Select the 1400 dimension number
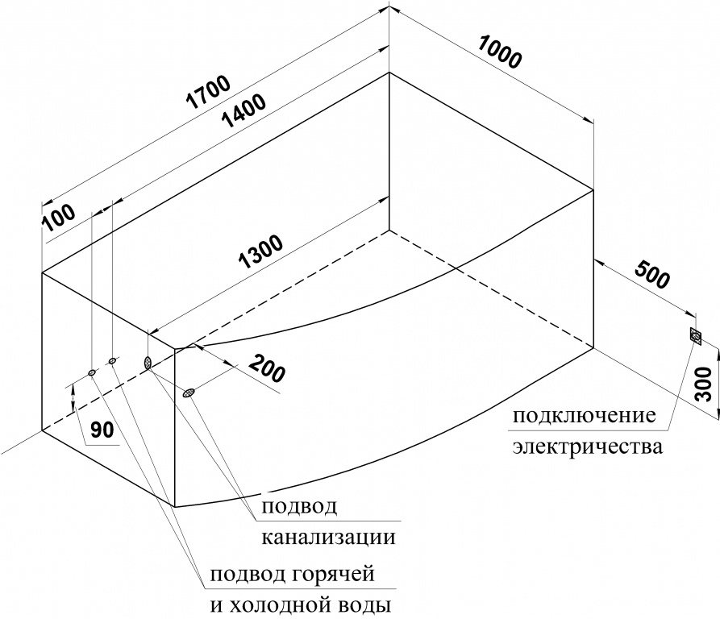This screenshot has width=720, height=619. [x=243, y=111]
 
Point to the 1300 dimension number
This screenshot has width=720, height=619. [x=261, y=252]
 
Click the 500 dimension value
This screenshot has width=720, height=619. [x=652, y=276]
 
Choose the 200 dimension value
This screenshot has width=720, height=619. [x=267, y=368]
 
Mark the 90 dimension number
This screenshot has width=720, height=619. [x=102, y=430]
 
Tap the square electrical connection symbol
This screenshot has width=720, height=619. [x=696, y=337]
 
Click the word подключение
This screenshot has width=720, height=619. [x=584, y=417]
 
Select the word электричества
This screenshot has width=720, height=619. [x=588, y=447]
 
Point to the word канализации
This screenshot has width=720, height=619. [x=329, y=537]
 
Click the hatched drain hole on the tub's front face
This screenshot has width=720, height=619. [x=189, y=393]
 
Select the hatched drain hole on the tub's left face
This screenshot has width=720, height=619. [x=148, y=363]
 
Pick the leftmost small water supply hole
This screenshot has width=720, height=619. [x=92, y=372]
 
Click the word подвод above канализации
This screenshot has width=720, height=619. [x=299, y=507]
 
